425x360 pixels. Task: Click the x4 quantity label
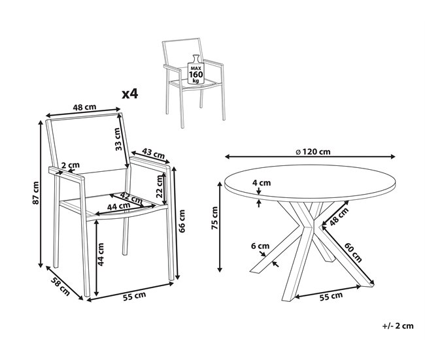coord(130,94)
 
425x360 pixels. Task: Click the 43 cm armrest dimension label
coord(152,154)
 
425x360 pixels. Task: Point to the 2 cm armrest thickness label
coord(70,165)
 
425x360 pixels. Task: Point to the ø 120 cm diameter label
coord(313,152)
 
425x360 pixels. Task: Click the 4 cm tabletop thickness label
coord(260,183)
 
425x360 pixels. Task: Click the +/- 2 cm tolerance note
coord(398,325)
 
